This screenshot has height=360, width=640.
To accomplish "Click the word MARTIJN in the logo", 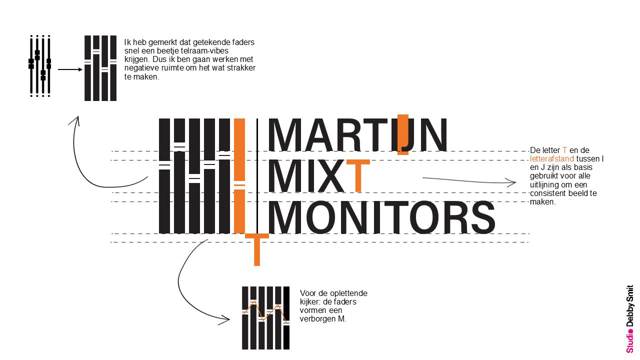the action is click(x=357, y=135).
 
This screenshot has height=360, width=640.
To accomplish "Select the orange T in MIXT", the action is click(x=358, y=175).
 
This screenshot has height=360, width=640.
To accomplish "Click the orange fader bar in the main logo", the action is click(x=239, y=175).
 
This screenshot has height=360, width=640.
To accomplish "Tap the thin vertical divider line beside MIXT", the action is click(x=257, y=175).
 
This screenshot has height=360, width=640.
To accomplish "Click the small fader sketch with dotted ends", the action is click(x=40, y=65).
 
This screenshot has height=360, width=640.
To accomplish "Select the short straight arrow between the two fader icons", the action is click(x=69, y=69).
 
